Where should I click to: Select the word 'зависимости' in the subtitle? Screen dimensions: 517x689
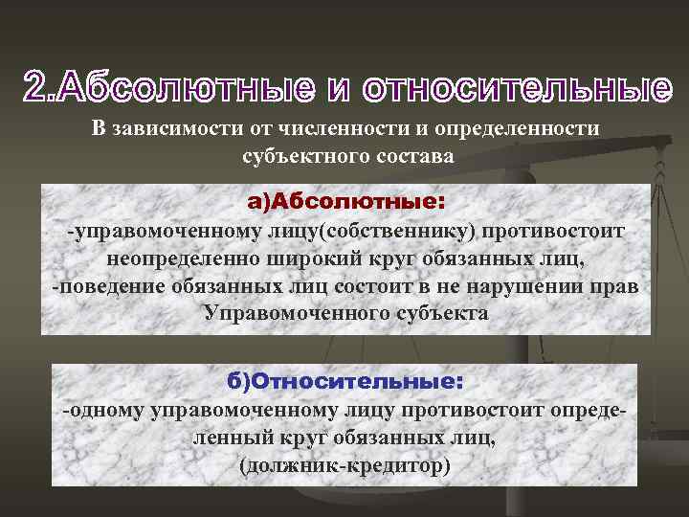[x=168, y=129]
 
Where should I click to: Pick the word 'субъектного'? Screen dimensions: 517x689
[x=308, y=154]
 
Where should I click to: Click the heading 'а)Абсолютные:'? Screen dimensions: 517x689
[x=345, y=202]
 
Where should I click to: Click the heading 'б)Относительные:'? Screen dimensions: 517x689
[x=345, y=381]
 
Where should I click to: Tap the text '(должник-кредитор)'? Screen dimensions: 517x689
[x=344, y=466]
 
